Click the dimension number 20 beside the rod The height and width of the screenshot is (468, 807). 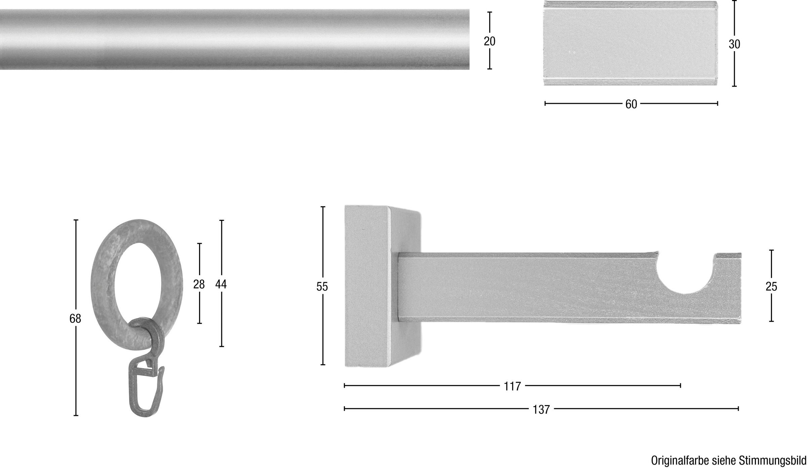490,41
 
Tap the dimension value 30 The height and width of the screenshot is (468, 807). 734,44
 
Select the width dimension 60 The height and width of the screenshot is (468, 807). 631,104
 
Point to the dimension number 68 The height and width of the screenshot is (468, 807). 75,318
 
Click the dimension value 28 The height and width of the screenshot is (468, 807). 199,284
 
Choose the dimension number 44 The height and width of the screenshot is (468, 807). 221,284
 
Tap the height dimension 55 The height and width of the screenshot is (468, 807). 322,287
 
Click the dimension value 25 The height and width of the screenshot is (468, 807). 771,286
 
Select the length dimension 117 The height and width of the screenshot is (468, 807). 512,386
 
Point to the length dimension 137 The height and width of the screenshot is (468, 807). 541,409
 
